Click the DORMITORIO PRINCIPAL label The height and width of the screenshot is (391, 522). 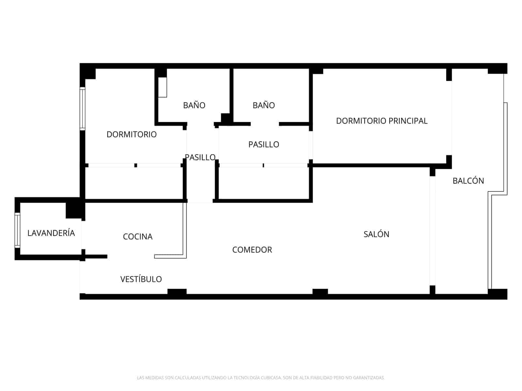point(381,121)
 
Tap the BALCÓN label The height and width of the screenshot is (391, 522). point(468,181)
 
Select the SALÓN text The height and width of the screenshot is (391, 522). point(376,234)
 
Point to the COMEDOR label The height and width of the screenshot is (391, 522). point(252,250)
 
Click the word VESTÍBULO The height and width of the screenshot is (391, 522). point(141,279)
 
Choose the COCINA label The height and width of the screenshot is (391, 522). point(137,237)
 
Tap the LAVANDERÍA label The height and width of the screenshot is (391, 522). point(51,233)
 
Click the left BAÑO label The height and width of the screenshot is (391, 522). point(194,105)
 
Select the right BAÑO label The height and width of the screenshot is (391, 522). point(264,105)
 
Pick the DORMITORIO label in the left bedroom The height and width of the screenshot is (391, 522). point(131,135)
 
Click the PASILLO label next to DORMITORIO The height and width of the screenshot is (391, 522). point(200,157)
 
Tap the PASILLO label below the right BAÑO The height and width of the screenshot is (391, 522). point(264,144)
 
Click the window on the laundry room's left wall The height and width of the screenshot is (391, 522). point(17,230)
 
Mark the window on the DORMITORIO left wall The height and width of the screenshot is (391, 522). point(83,109)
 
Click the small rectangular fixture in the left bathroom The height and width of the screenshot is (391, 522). point(162,87)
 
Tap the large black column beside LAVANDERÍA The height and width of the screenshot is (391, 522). point(74,210)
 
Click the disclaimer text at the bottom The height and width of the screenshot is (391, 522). point(261,378)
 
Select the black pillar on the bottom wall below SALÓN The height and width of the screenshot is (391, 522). point(320,292)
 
